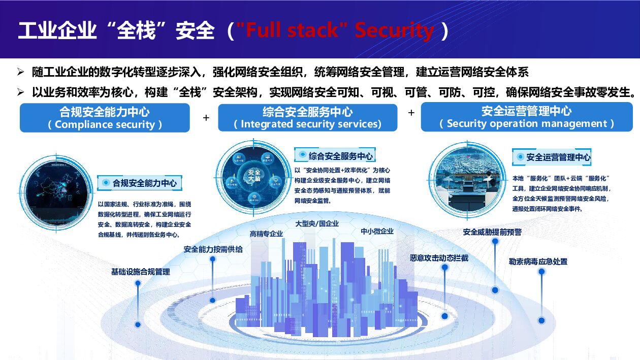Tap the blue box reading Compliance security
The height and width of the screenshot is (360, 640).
(x=105, y=118)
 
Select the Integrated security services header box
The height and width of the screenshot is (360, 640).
(x=307, y=117)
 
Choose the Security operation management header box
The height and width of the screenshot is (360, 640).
(x=527, y=117)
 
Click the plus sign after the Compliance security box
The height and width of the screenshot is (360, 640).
(x=206, y=118)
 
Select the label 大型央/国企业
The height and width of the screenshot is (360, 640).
(x=317, y=223)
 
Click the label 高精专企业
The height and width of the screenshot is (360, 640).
(x=266, y=234)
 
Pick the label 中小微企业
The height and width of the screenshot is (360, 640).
(x=377, y=231)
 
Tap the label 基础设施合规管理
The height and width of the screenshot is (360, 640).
(x=140, y=272)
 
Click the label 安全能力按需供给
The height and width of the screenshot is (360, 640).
(x=213, y=249)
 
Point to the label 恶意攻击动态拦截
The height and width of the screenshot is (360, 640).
(x=439, y=257)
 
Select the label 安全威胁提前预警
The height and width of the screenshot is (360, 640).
(x=492, y=232)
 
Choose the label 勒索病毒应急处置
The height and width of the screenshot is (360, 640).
(x=538, y=261)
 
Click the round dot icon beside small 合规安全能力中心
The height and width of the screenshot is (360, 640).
(x=106, y=182)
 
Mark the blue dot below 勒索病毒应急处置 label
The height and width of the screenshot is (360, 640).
(x=541, y=320)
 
